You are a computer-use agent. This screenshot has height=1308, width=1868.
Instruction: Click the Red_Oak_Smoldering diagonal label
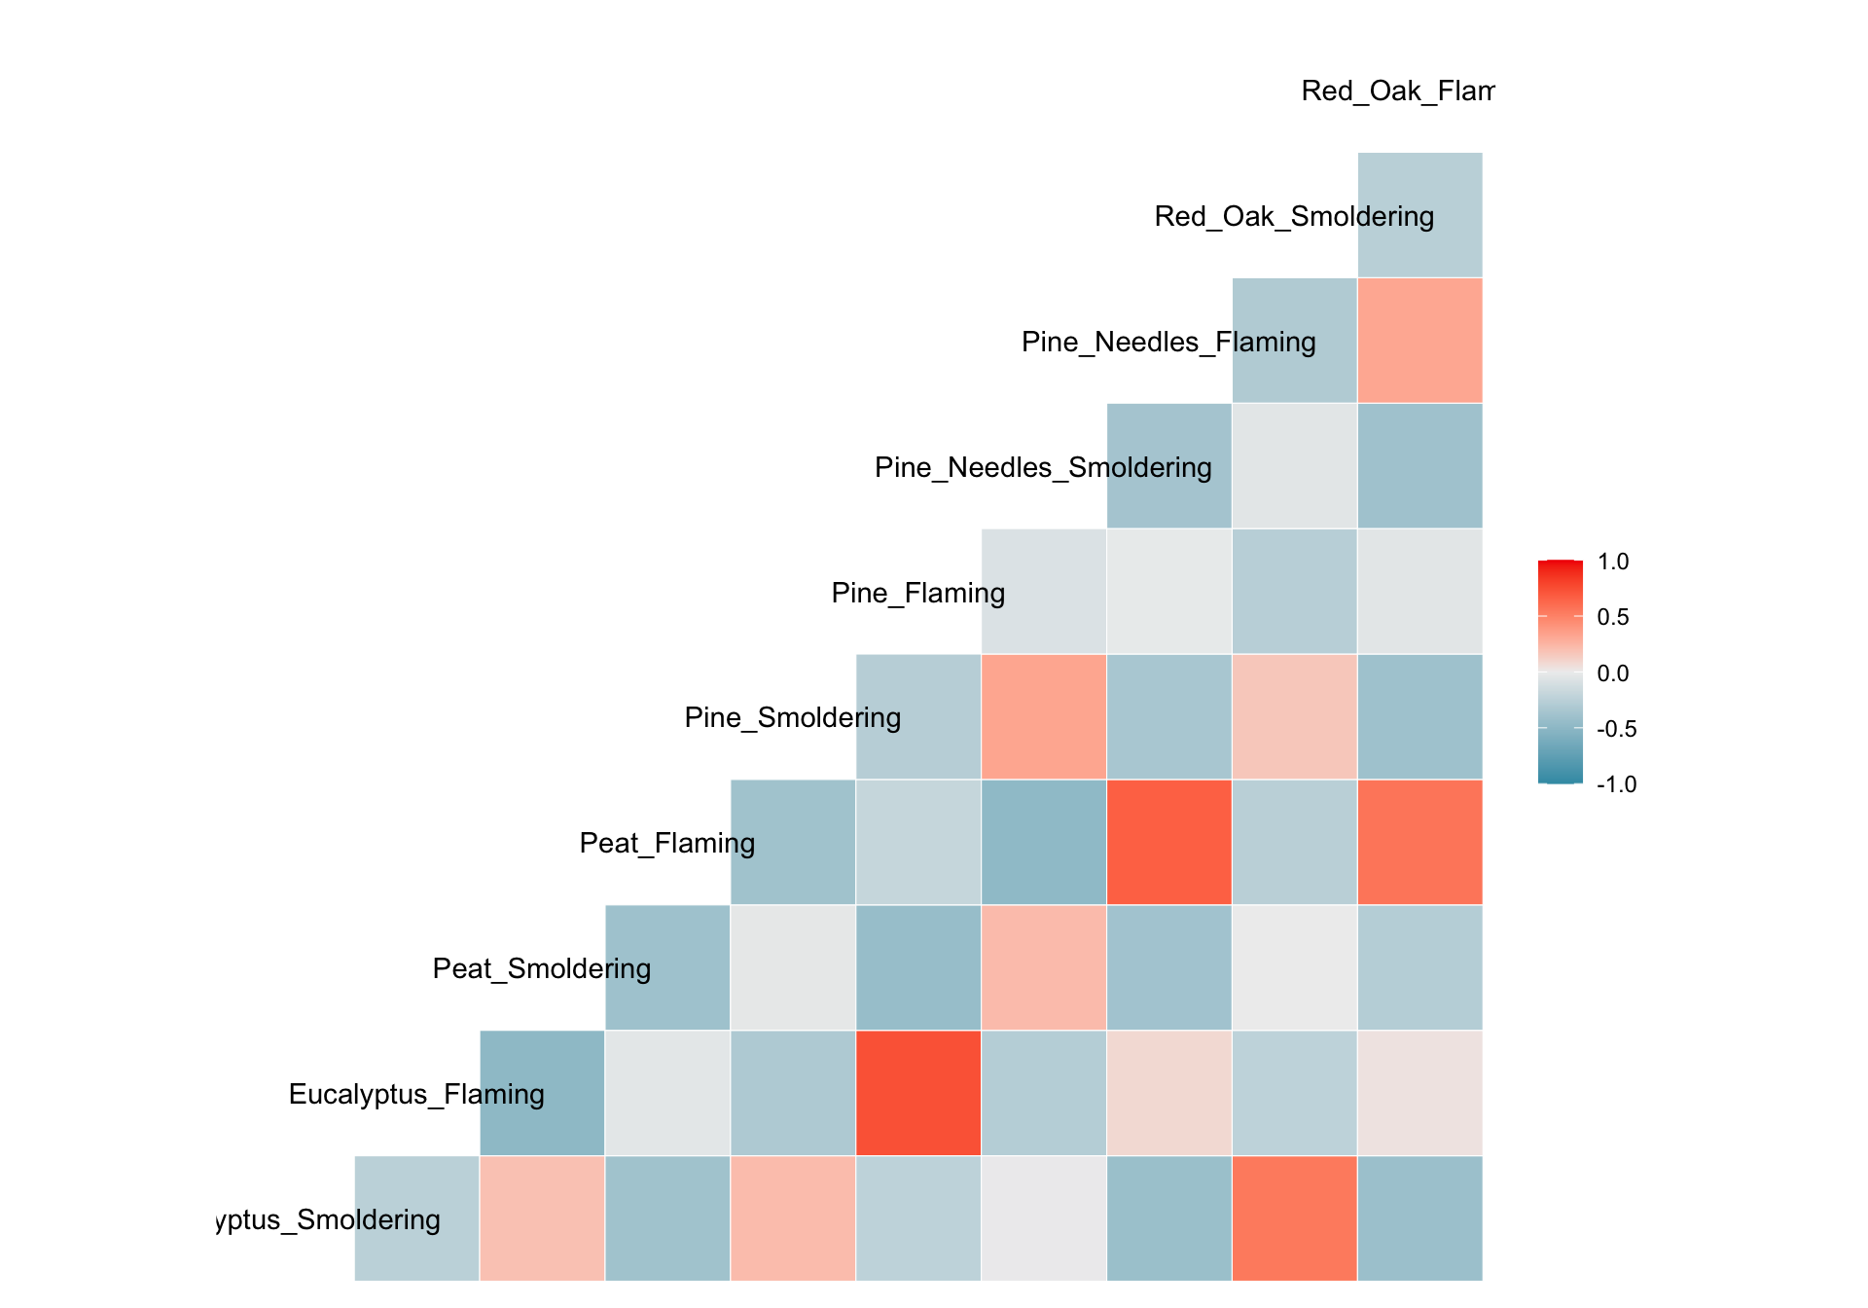(x=1294, y=216)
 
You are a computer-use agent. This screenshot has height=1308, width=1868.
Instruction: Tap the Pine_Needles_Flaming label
(x=1168, y=342)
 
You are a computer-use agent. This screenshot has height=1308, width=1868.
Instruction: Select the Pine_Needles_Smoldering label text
(x=1043, y=467)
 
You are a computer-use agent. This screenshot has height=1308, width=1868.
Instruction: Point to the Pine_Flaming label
(x=917, y=593)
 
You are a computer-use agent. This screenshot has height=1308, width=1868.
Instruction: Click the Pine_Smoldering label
(x=792, y=718)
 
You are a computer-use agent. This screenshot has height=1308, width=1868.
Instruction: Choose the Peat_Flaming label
(x=666, y=843)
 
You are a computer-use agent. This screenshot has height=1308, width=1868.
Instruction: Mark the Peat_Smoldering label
(x=541, y=968)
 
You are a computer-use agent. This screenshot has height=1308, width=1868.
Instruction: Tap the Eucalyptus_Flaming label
(x=416, y=1094)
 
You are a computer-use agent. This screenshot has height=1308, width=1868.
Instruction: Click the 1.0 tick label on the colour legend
(x=1613, y=562)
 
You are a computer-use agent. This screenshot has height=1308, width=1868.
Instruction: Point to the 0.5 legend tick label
(x=1613, y=617)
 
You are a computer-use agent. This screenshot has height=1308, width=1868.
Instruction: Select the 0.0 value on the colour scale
(x=1613, y=673)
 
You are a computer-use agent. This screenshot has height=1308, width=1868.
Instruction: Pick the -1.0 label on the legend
(x=1616, y=784)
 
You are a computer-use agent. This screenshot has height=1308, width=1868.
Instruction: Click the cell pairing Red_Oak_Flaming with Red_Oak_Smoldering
(x=1419, y=215)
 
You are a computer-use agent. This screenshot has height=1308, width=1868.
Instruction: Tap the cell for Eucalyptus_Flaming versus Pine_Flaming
(x=917, y=1093)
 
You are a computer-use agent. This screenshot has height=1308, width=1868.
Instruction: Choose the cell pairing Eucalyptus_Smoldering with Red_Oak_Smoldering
(x=1294, y=1218)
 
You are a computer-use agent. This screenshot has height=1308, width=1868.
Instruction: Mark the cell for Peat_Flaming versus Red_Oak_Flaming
(x=1419, y=843)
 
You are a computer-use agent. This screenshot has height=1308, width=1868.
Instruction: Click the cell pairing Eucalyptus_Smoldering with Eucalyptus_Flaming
(x=416, y=1218)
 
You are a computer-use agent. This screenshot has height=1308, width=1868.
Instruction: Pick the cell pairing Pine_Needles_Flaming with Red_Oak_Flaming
(x=1419, y=341)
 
